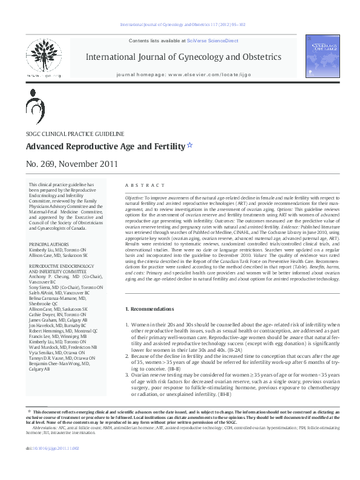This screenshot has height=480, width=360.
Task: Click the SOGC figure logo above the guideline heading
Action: click(34, 107)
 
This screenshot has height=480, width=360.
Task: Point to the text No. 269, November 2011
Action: click(67, 164)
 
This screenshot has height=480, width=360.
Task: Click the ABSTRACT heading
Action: click(145, 185)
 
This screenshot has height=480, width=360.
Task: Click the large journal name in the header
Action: click(184, 57)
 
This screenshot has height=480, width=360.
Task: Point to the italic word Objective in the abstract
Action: click(134, 198)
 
